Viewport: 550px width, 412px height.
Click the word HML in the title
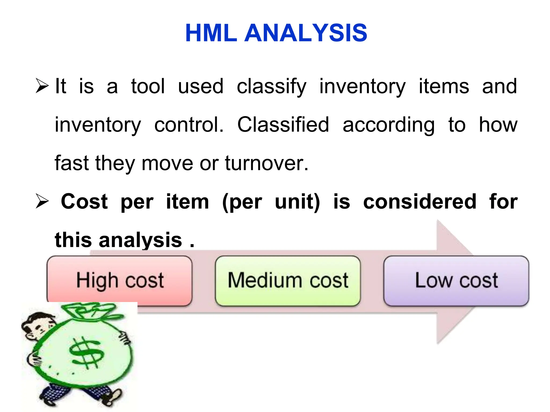211,33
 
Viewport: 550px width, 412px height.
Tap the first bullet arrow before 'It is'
42,86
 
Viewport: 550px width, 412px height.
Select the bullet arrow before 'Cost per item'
42,202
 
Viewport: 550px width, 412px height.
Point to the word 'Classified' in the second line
283,125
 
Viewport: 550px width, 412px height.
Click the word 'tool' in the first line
148,86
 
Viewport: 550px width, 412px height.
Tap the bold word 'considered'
419,202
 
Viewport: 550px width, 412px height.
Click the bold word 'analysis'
140,240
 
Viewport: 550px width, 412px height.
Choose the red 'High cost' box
120,281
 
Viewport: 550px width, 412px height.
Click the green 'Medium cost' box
288,281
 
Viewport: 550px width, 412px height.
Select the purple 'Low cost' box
456,281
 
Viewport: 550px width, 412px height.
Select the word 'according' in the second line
389,125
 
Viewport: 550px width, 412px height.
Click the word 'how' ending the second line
498,125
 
